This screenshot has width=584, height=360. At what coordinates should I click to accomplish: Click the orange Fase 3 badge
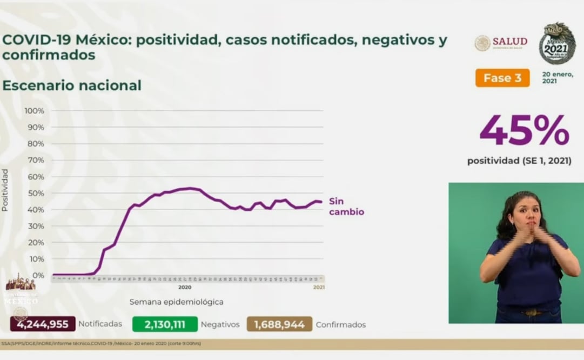click(502, 78)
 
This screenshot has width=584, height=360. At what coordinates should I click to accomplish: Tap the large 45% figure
click(524, 131)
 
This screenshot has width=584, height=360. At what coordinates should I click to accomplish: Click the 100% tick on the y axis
click(34, 111)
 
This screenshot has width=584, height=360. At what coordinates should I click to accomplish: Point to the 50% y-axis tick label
click(36, 193)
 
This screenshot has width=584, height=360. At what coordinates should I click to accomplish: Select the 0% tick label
click(38, 275)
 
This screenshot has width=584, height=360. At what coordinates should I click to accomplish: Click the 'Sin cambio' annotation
click(346, 206)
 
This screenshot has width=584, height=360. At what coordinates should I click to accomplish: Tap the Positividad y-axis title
click(5, 190)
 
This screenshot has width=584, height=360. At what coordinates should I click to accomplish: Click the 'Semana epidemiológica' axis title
click(176, 302)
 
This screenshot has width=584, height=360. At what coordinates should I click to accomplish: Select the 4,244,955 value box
click(43, 324)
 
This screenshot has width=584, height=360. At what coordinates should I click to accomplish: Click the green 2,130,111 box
click(164, 324)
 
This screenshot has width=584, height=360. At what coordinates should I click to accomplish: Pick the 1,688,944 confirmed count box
click(279, 324)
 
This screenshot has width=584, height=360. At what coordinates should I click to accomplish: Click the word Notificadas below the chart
click(100, 324)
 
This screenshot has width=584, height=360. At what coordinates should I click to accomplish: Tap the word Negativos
click(220, 324)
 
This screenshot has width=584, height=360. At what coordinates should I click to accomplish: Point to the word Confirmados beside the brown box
click(340, 325)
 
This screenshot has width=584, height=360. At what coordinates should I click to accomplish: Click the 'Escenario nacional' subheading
click(72, 85)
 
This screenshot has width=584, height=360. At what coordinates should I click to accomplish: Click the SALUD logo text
click(509, 42)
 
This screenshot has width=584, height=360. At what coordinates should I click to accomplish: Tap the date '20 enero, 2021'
click(557, 77)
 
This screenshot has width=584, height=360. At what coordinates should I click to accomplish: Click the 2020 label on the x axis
click(185, 287)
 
